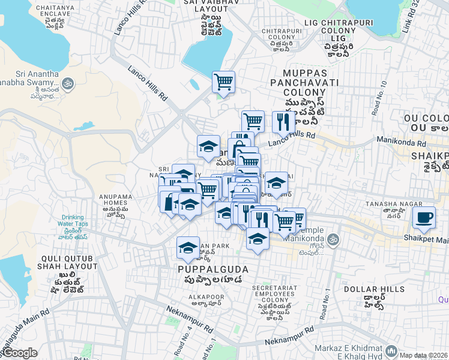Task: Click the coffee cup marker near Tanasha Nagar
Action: [424, 217]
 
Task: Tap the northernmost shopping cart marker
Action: [223, 81]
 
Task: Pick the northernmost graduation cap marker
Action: [208, 146]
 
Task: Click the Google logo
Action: [19, 353]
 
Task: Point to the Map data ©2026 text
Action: [423, 355]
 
